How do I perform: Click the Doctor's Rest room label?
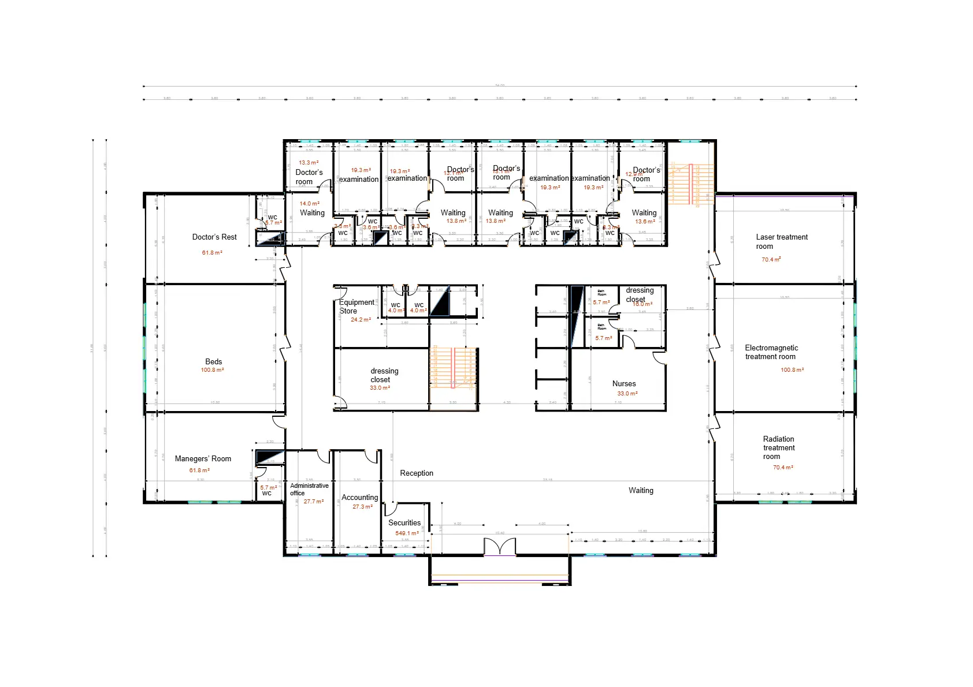(214, 237)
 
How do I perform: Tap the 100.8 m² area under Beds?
(212, 370)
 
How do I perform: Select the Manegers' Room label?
(203, 459)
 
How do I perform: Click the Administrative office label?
(309, 490)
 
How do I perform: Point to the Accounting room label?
(359, 498)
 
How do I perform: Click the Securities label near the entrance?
(404, 523)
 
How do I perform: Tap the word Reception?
(417, 473)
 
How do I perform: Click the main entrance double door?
(499, 547)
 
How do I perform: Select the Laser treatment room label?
(781, 242)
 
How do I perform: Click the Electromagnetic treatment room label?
(771, 352)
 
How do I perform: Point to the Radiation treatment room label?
(778, 448)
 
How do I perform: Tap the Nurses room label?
(624, 384)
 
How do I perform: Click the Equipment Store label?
(356, 307)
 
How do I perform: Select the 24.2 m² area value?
(361, 320)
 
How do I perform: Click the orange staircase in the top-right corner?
(691, 184)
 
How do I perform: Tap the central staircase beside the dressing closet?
(454, 368)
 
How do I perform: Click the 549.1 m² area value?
(407, 533)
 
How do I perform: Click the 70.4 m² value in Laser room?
(771, 260)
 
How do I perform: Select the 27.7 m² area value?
(314, 502)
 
